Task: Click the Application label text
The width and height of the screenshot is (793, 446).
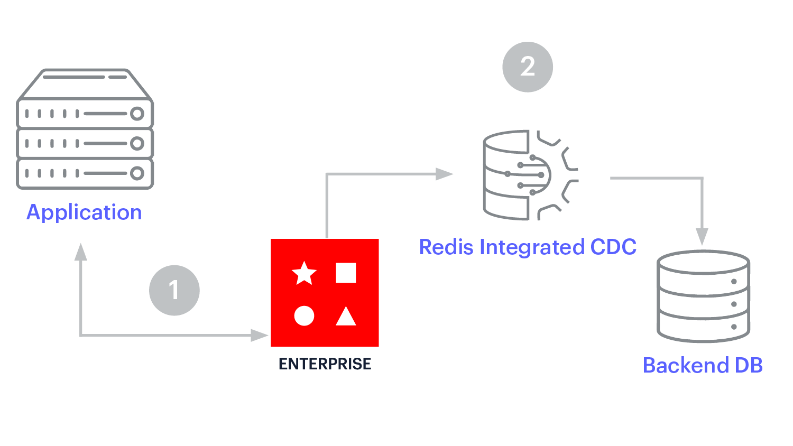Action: [x=84, y=212]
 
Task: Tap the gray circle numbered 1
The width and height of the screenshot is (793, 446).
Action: [x=174, y=290]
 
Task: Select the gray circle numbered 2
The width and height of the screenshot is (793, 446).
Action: [x=528, y=67]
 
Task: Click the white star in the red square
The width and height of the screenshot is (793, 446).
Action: [x=304, y=273]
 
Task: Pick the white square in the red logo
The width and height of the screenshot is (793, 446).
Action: [x=346, y=273]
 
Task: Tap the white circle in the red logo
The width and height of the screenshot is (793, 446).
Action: [x=304, y=315]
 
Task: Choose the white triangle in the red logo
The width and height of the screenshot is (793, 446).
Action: [x=346, y=317]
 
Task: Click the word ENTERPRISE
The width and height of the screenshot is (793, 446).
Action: [x=325, y=364]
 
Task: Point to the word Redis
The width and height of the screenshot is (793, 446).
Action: [x=446, y=247]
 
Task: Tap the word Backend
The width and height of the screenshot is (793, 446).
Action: [x=678, y=365]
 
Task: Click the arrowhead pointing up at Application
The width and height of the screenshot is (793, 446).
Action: [x=81, y=252]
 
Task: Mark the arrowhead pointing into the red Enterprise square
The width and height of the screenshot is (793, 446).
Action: [x=260, y=335]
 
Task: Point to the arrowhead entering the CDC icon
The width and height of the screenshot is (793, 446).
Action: [x=444, y=174]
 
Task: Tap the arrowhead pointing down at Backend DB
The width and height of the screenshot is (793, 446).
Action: [x=702, y=236]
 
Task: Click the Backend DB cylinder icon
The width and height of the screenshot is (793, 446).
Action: [x=703, y=296]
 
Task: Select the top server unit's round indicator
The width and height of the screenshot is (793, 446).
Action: [x=137, y=114]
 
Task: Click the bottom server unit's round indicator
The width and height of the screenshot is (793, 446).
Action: [x=137, y=173]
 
